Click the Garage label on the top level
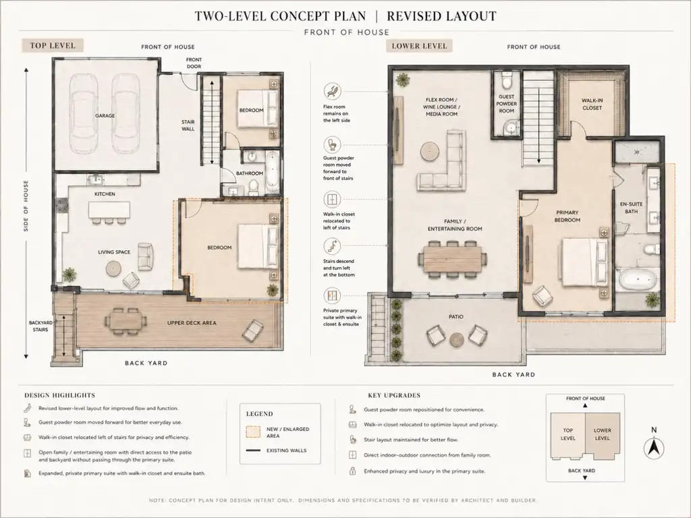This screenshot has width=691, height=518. pos(105,116)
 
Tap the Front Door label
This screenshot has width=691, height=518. pos(194,63)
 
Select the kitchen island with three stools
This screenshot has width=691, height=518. pos(109,212)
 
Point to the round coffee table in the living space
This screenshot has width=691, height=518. pos(114,268)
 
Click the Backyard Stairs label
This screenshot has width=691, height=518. pos(40,326)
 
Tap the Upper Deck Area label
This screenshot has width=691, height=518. pos(192,323)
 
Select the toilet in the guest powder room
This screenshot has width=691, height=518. pos(507,81)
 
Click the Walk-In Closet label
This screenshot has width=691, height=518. pos(592,104)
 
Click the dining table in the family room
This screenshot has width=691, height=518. pos(453,260)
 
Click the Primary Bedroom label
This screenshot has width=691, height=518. pos(567,217)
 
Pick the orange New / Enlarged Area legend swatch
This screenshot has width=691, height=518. pos(253,432)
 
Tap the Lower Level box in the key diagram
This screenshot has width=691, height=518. pos(603,434)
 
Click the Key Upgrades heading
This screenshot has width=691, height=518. pos(394,395)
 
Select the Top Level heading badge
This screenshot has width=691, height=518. pos(53,45)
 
